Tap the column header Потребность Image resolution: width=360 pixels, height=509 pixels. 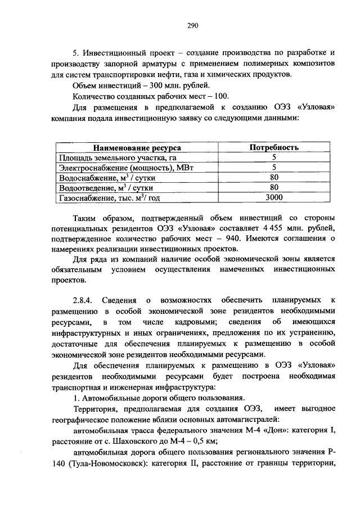(x=273, y=147)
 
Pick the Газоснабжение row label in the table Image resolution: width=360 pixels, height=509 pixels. (x=110, y=197)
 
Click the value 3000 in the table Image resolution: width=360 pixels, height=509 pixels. (x=273, y=197)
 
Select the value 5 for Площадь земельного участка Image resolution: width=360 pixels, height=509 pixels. (x=273, y=157)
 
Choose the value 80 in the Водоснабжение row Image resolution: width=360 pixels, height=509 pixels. (x=274, y=178)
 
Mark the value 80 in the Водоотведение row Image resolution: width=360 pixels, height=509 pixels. (x=274, y=187)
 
